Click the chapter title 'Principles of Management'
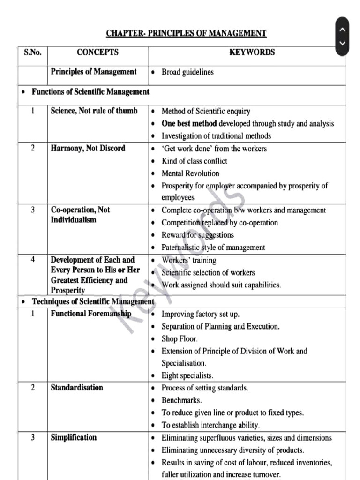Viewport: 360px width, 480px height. point(186,33)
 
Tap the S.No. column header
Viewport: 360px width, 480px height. point(33,52)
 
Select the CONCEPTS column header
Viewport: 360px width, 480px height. point(97,52)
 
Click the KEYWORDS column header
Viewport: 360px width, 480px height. point(252,52)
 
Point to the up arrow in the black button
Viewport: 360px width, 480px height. point(342,29)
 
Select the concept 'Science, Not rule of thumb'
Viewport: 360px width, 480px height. point(94,111)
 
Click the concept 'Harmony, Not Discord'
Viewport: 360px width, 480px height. point(88,149)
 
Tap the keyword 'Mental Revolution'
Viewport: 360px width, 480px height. point(190,173)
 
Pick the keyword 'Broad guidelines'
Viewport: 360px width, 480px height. point(187,72)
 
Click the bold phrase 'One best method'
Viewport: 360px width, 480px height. point(189,124)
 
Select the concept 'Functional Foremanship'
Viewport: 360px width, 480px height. point(91,314)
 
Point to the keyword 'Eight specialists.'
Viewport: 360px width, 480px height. point(187,375)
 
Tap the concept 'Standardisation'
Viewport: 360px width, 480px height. point(77,388)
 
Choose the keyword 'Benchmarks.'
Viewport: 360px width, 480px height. point(182,400)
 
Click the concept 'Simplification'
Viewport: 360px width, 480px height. point(74,437)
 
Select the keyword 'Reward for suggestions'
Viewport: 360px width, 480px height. point(197,235)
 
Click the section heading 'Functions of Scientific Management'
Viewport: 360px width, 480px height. point(90,92)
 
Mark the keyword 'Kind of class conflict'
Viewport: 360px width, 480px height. point(195,161)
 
